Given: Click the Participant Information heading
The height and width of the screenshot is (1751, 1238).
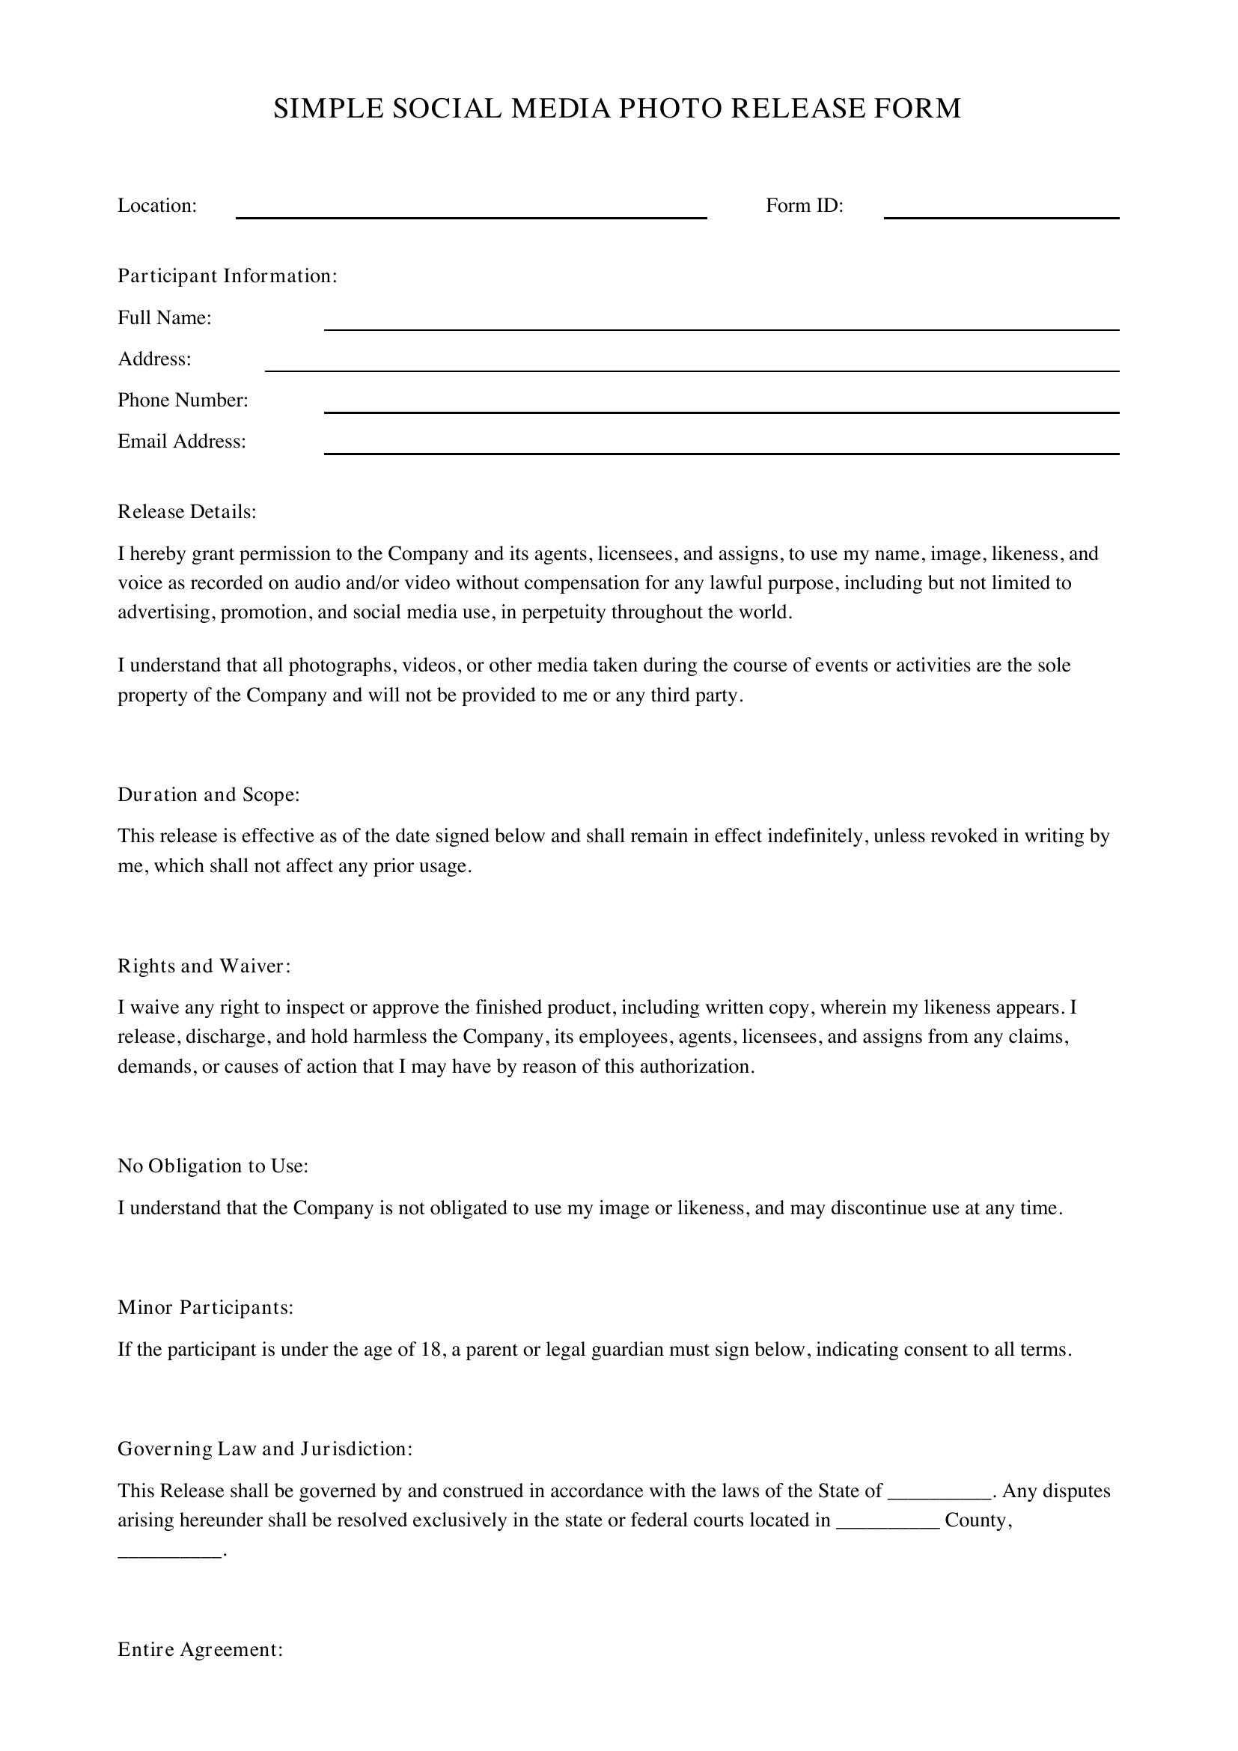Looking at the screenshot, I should pyautogui.click(x=228, y=276).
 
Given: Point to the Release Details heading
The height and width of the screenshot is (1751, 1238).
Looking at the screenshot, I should pyautogui.click(x=187, y=512).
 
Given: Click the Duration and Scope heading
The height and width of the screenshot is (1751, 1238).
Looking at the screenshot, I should pyautogui.click(x=208, y=795).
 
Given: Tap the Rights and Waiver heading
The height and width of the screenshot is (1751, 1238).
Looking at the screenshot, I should pyautogui.click(x=204, y=966).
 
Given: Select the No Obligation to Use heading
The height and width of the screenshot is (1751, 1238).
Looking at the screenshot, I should pyautogui.click(x=213, y=1166).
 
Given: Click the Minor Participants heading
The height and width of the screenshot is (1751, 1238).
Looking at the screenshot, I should pyautogui.click(x=205, y=1308).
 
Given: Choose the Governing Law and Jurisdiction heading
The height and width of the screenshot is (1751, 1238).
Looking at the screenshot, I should pyautogui.click(x=264, y=1449).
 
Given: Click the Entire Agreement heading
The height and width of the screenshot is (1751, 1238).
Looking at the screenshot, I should pyautogui.click(x=200, y=1650).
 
